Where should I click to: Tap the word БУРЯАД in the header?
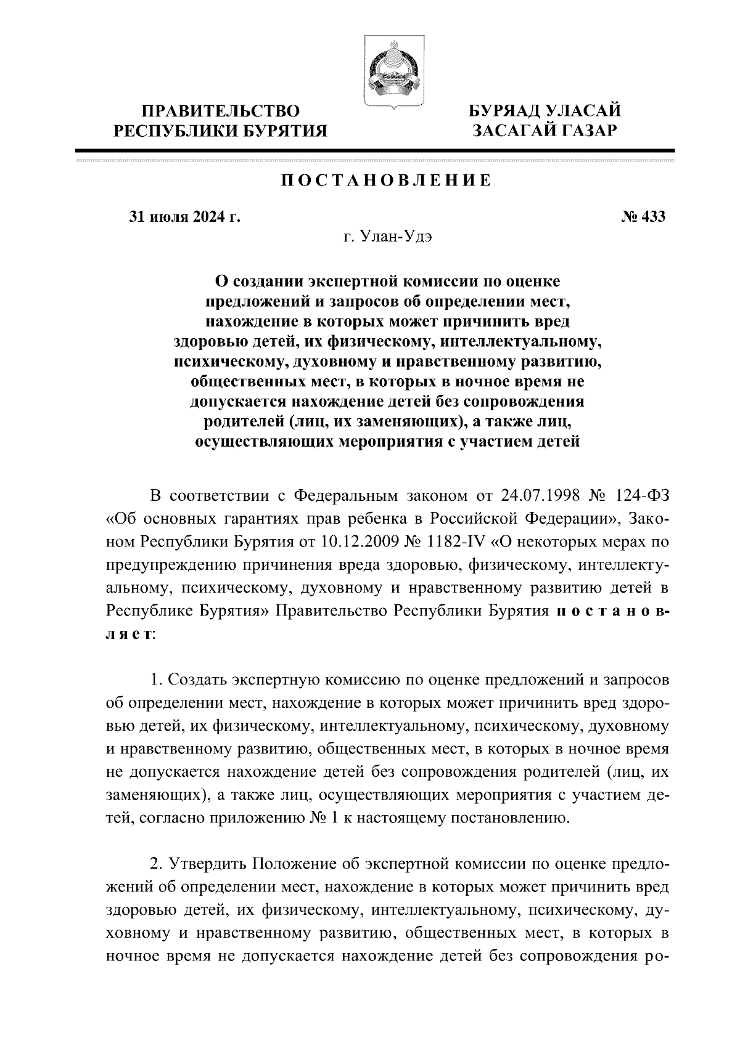point(503,111)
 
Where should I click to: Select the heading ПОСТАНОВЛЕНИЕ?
point(386,180)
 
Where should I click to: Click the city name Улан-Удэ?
point(399,237)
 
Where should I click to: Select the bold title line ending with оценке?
point(387,282)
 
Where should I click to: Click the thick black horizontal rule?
point(375,151)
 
